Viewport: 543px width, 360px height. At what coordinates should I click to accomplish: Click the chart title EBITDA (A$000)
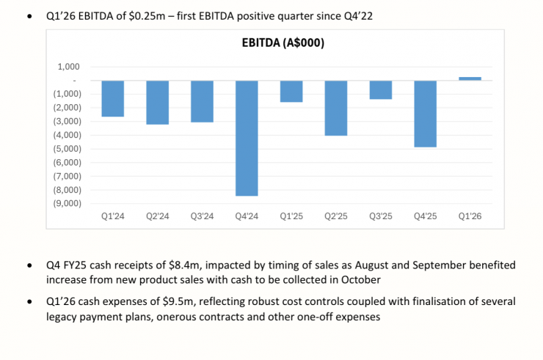pyautogui.click(x=283, y=43)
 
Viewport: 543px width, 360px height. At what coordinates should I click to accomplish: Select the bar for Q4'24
pyautogui.click(x=247, y=138)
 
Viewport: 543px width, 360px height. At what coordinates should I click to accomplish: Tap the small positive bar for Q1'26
pyautogui.click(x=470, y=78)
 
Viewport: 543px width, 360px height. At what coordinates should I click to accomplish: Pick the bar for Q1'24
pyautogui.click(x=112, y=98)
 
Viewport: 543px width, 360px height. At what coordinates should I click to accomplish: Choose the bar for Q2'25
pyautogui.click(x=336, y=108)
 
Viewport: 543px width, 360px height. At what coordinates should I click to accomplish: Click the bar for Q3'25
pyautogui.click(x=381, y=89)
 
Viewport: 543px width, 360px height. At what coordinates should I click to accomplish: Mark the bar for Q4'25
pyautogui.click(x=426, y=114)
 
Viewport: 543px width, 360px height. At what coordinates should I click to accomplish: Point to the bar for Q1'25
pyautogui.click(x=291, y=91)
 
